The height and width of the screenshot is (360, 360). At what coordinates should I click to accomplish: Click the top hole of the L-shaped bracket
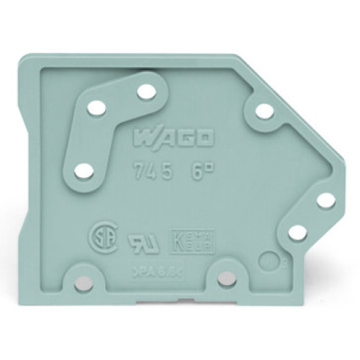pos(146,91)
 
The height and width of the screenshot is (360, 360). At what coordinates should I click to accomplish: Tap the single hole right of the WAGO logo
pos(264,111)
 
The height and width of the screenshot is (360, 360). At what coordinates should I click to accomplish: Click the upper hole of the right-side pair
pos(326,200)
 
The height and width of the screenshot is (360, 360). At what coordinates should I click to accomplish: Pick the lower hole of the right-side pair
pos(295,232)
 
